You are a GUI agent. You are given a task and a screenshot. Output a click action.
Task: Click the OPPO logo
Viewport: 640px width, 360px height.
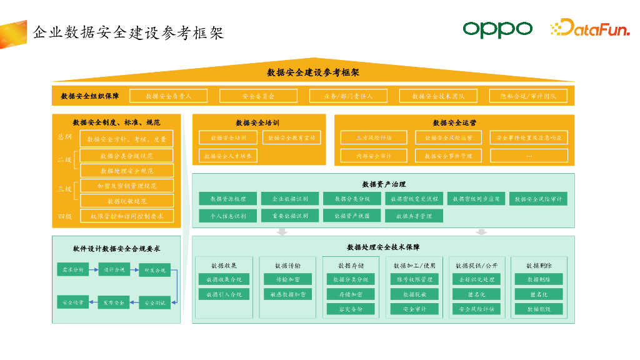[x=497, y=29]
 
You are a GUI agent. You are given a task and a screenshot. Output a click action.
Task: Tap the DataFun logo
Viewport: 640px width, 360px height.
[x=589, y=28]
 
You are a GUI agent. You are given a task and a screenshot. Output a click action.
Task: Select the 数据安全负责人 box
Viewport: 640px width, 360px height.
[x=169, y=96]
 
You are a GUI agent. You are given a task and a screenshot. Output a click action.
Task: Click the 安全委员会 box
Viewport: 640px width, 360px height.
[x=259, y=96]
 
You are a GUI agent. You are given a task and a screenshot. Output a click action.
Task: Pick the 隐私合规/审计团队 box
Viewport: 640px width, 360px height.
[x=529, y=96]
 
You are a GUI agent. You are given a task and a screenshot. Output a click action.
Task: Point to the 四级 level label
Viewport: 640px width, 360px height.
[x=65, y=216]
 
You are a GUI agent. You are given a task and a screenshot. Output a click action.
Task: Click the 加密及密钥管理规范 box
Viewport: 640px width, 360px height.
[x=127, y=186]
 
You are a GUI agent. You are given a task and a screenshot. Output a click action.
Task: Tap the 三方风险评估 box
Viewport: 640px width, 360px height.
[x=374, y=137]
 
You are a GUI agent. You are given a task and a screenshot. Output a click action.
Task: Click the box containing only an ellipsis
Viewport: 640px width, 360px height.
[x=529, y=156]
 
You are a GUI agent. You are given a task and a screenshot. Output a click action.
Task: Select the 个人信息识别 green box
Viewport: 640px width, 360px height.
[x=227, y=216]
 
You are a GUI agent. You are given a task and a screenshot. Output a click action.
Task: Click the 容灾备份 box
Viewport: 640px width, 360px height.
[x=351, y=309]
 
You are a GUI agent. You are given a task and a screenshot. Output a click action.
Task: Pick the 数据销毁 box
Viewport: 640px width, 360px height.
[x=538, y=309]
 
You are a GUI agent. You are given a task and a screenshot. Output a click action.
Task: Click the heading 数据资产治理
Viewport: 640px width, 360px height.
[x=384, y=184]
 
